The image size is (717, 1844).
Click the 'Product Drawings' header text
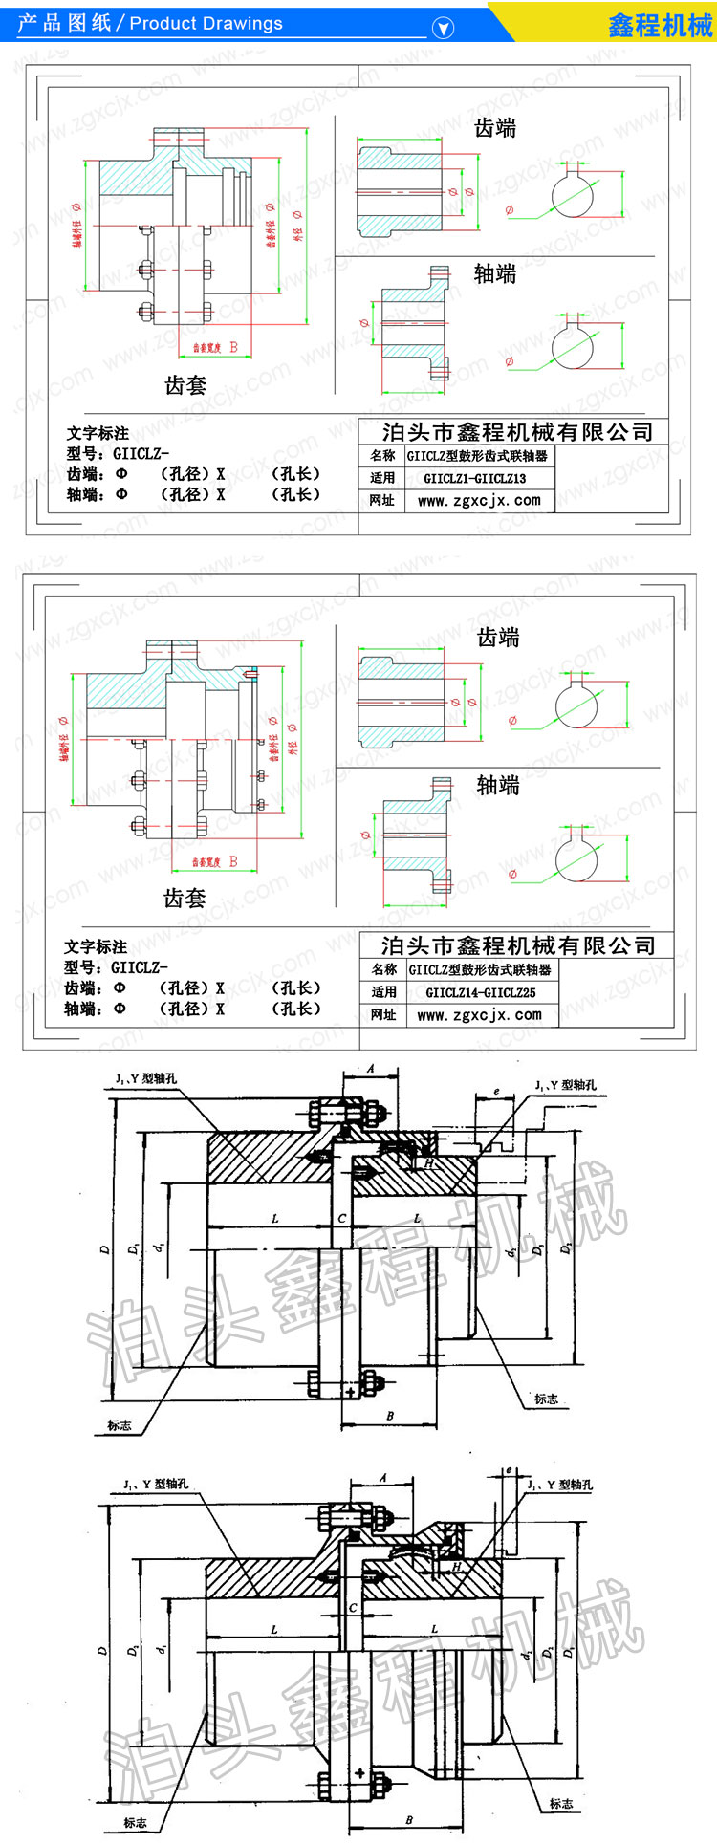206,24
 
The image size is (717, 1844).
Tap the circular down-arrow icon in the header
443,28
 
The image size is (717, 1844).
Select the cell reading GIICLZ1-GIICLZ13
474,478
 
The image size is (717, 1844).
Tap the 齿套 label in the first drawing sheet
185,385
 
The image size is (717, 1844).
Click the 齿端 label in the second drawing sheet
498,638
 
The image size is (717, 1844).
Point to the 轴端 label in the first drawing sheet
495,274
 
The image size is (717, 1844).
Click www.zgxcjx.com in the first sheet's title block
479,500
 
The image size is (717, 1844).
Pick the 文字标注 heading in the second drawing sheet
96,946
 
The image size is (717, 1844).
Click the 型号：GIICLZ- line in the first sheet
118,453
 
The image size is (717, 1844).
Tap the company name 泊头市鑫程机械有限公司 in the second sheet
518,946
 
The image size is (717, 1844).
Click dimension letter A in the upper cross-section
370,1070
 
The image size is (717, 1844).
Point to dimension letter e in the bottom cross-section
509,1470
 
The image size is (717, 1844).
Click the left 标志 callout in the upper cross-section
119,1424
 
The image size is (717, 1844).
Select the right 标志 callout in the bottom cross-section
561,1804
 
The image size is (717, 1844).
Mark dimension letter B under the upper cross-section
390,1416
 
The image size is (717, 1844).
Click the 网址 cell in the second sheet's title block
383,1014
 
